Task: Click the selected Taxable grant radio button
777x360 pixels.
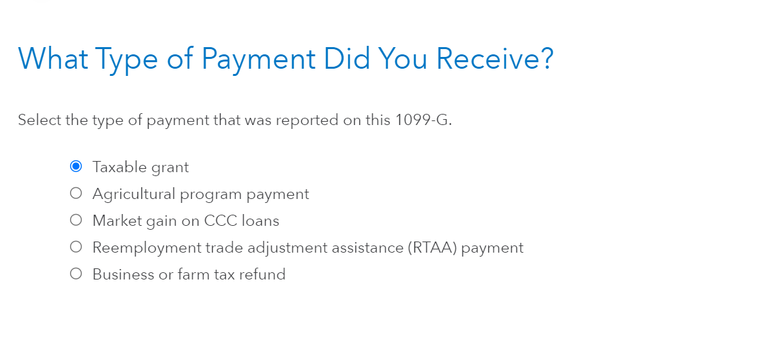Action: [76, 166]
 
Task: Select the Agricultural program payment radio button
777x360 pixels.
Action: [76, 193]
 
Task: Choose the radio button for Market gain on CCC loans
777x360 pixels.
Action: [76, 220]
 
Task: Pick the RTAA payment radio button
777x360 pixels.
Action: [76, 247]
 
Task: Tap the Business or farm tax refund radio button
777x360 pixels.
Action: [76, 274]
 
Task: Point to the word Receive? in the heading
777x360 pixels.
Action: [495, 58]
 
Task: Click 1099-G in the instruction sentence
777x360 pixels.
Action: [424, 120]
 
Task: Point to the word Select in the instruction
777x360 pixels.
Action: [40, 120]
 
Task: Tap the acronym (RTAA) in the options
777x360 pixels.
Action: [433, 247]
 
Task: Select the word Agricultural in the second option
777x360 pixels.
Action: [134, 194]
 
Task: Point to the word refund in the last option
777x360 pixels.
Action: [262, 274]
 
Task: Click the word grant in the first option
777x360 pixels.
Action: [170, 168]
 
